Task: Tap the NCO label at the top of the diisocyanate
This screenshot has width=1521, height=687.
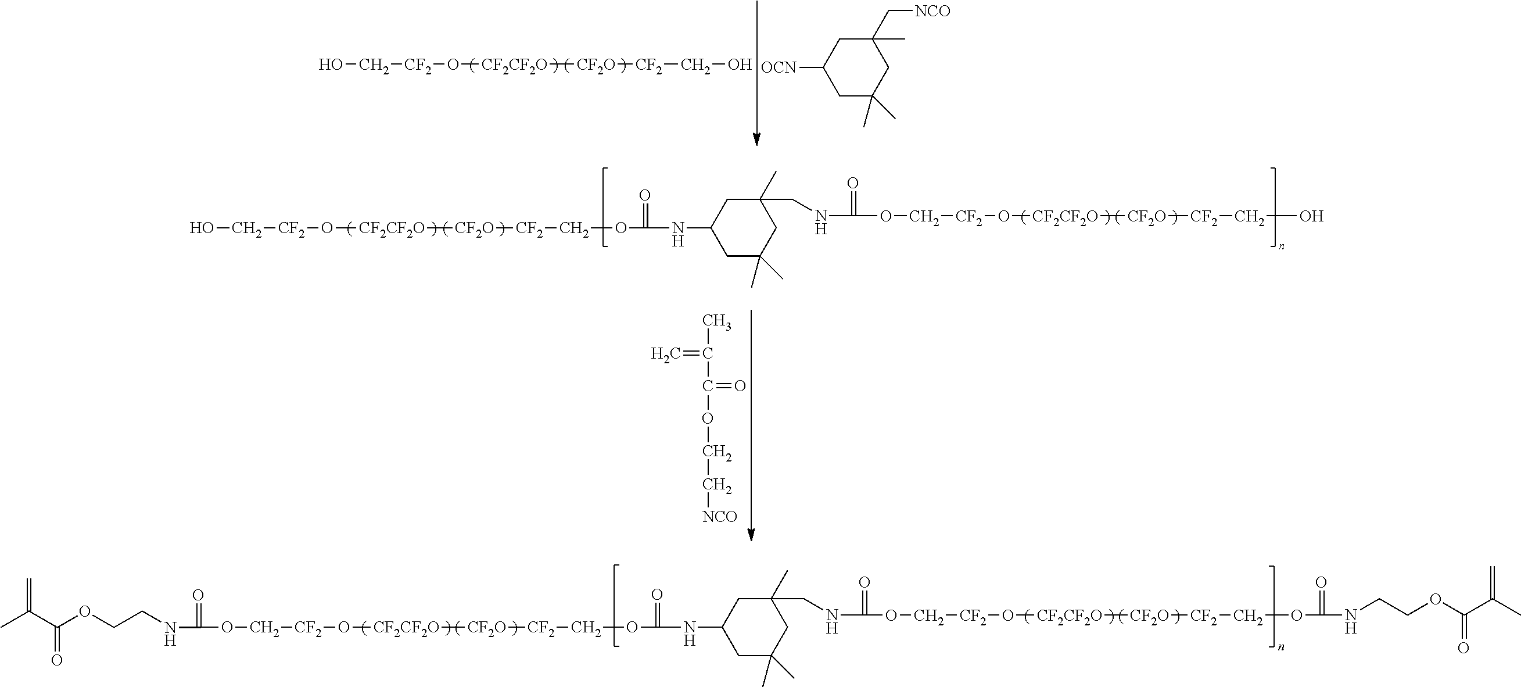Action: click(932, 11)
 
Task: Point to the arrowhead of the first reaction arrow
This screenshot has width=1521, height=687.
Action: click(756, 139)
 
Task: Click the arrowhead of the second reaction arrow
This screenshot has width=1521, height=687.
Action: click(751, 534)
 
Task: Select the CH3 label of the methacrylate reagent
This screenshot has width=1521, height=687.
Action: click(717, 323)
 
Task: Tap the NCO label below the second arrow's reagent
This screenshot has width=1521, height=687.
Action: click(720, 517)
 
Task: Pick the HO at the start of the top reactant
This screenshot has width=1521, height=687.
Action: click(331, 65)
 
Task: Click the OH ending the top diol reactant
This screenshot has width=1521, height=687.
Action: click(739, 65)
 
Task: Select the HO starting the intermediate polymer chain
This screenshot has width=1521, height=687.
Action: click(202, 228)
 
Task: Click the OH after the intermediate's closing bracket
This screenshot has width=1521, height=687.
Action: click(1311, 216)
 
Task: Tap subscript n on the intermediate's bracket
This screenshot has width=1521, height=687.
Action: click(1282, 246)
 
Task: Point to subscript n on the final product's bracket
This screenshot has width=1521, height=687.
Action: click(1281, 647)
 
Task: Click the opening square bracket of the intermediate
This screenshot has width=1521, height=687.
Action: click(605, 207)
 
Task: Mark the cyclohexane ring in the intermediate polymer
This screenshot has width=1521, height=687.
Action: click(744, 228)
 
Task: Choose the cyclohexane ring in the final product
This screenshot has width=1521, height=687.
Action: click(755, 627)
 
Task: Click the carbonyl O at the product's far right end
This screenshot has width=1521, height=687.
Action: click(1463, 648)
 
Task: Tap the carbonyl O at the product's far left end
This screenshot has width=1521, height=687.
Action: click(57, 660)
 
